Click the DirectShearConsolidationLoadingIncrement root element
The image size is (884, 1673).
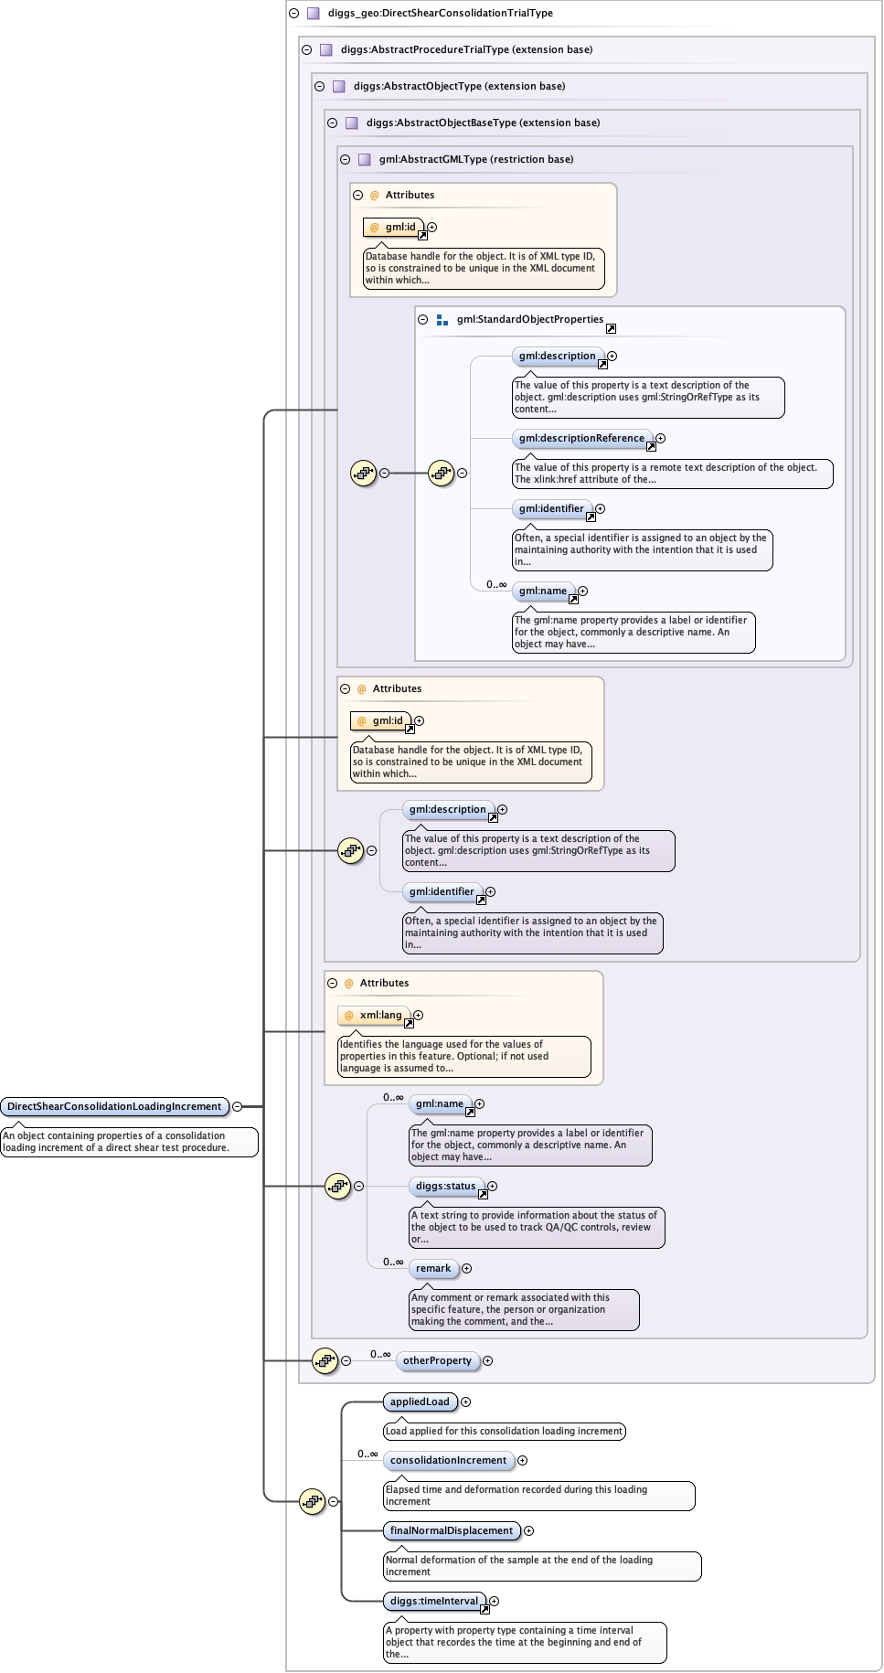[x=114, y=1106]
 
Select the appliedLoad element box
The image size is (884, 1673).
[x=420, y=1401]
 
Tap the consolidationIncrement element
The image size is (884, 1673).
[x=448, y=1460]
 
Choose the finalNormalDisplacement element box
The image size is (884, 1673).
[x=452, y=1530]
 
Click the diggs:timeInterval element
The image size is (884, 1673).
[x=433, y=1601]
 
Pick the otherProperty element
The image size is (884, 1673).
[x=437, y=1360]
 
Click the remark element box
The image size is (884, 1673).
[x=433, y=1268]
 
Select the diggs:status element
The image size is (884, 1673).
[x=445, y=1186]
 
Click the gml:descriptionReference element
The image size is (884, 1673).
[x=581, y=438]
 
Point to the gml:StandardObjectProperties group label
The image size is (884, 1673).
[x=530, y=319]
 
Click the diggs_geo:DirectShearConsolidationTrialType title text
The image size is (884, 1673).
[x=440, y=13]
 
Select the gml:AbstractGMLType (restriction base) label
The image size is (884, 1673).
[x=476, y=159]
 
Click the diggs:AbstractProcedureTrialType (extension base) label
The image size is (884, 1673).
[x=466, y=49]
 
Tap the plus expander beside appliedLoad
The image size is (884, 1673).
[x=465, y=1401]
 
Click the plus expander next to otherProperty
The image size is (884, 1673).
[x=487, y=1360]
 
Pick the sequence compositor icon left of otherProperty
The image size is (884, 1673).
[x=325, y=1360]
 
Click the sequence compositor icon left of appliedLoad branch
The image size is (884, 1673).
[x=313, y=1501]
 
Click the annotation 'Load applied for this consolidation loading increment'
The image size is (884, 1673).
[x=504, y=1431]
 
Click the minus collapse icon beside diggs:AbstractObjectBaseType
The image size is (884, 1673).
[x=332, y=123]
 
